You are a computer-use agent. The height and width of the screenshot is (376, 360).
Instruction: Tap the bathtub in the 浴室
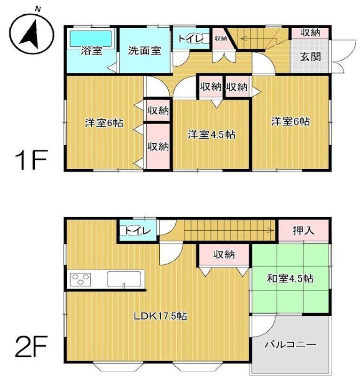point(91,39)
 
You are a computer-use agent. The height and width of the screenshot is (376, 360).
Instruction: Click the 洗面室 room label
point(144,51)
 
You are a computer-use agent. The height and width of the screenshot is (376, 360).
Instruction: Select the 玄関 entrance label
point(310,57)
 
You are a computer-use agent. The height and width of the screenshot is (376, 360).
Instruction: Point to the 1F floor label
point(31,160)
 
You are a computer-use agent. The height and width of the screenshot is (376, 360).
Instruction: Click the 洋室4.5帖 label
point(211,134)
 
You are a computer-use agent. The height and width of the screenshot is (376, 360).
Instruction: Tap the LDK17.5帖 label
point(160,316)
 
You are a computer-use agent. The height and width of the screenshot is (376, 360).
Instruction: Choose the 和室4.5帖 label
point(290,279)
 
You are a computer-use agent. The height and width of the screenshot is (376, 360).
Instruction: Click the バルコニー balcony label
point(290,345)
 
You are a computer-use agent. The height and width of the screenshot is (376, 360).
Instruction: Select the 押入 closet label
point(303,230)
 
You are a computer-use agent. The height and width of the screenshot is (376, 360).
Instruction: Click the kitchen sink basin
point(124,279)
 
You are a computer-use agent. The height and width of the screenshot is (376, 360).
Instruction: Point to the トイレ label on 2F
point(138,231)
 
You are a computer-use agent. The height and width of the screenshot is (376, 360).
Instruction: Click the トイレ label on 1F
point(191,39)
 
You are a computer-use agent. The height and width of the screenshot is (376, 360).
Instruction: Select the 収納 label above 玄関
point(310,32)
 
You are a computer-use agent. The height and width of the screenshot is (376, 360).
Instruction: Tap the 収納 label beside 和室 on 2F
point(224,254)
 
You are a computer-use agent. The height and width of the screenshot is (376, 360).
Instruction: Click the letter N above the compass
point(38,9)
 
